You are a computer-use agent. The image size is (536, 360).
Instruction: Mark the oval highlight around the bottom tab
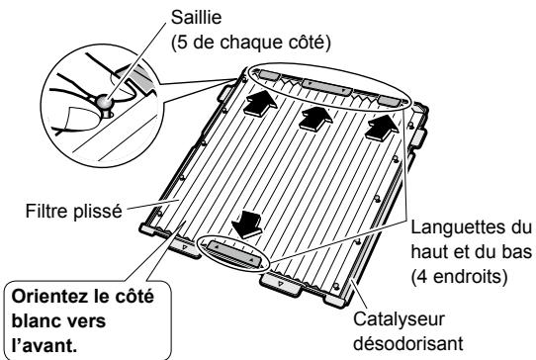point(234,252)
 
